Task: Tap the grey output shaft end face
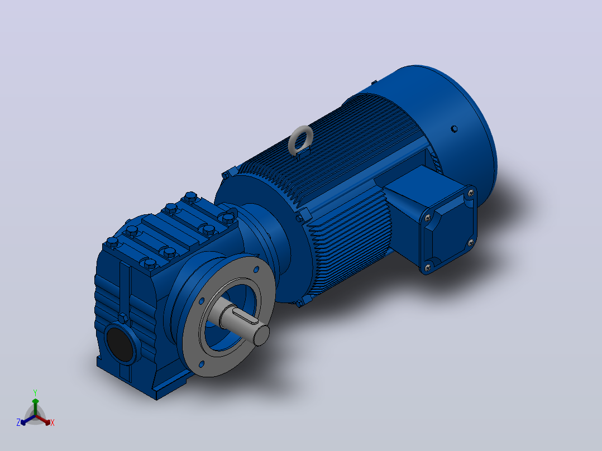point(261,335)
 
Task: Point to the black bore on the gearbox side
point(120,344)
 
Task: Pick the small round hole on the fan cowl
point(454,128)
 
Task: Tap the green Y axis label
point(35,392)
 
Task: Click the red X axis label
point(52,423)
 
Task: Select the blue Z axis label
point(18,422)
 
